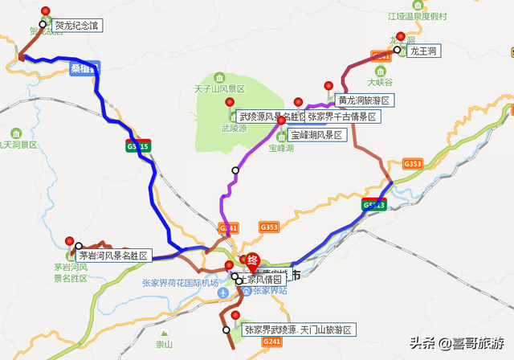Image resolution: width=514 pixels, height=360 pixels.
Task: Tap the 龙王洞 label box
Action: (x=424, y=51)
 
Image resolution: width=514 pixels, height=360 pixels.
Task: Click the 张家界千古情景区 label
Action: (x=342, y=117)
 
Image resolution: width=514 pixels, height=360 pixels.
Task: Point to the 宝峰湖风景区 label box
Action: (x=316, y=135)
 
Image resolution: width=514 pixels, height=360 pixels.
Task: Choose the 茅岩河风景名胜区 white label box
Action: (x=114, y=256)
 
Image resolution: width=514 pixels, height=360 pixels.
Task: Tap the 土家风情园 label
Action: (x=263, y=280)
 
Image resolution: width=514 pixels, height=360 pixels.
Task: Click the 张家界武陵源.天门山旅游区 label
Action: (x=297, y=330)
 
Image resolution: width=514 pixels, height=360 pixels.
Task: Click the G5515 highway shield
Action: (x=137, y=147)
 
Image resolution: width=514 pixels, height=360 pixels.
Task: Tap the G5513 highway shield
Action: (x=374, y=205)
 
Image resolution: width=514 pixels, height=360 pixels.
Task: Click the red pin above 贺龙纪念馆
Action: (x=45, y=11)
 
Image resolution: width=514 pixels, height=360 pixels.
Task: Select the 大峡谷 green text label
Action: (x=379, y=81)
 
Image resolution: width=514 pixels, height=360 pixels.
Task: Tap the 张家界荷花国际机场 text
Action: (x=181, y=283)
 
